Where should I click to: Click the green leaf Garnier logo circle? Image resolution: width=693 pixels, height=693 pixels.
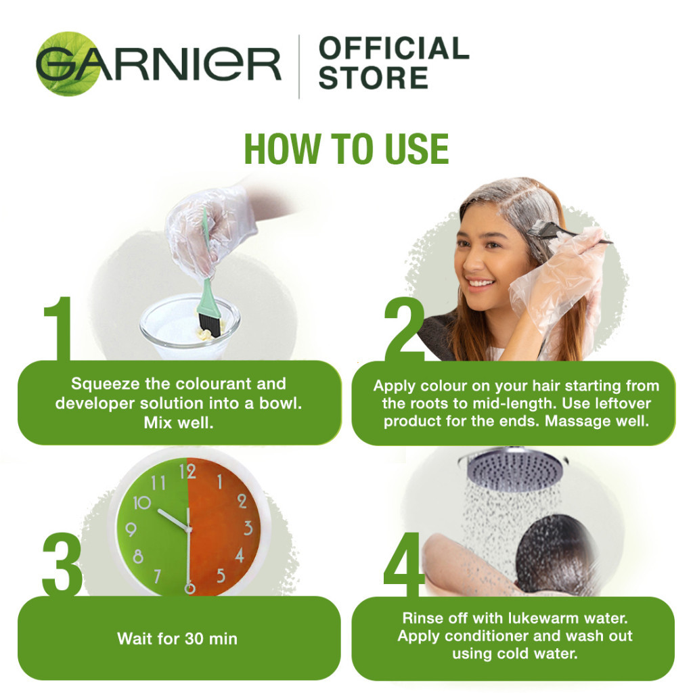pyautogui.click(x=68, y=64)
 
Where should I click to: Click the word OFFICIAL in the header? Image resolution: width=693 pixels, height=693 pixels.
pyautogui.click(x=394, y=48)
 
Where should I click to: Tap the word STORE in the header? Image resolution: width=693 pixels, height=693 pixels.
pyautogui.click(x=374, y=78)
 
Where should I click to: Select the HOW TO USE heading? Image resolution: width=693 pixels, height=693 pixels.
pyautogui.click(x=346, y=149)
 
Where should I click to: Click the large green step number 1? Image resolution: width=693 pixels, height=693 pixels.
pyautogui.click(x=58, y=328)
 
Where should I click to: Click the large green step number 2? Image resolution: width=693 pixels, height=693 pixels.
pyautogui.click(x=404, y=329)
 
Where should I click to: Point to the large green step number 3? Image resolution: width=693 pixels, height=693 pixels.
pyautogui.click(x=62, y=564)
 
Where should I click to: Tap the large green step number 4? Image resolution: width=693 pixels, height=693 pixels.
pyautogui.click(x=404, y=564)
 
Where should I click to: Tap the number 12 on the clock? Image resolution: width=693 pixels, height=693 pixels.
pyautogui.click(x=187, y=472)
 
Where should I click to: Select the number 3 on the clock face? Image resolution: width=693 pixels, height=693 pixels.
pyautogui.click(x=248, y=528)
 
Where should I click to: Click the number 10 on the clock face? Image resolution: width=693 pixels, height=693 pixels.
pyautogui.click(x=142, y=503)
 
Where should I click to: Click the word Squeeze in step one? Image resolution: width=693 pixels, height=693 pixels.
pyautogui.click(x=106, y=384)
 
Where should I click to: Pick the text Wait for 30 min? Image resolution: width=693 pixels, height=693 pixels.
pyautogui.click(x=177, y=639)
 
